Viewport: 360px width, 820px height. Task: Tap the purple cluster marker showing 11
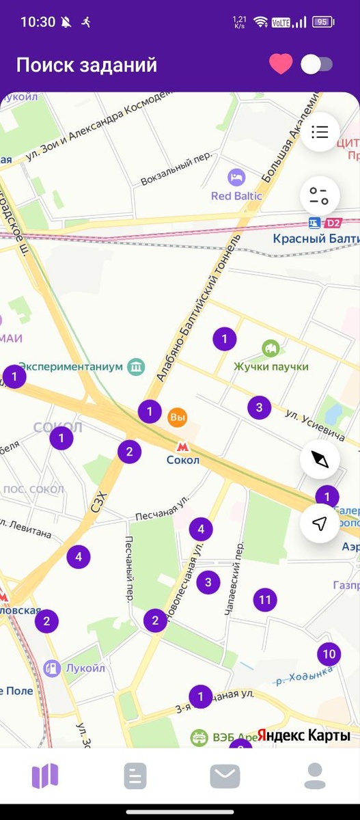[265, 601]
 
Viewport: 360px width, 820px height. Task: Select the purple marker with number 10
[329, 654]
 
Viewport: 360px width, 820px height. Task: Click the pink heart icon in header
[281, 64]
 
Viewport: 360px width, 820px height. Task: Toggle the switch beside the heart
[317, 65]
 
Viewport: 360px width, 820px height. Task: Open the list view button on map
[319, 132]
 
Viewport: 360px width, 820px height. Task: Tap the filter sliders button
[319, 196]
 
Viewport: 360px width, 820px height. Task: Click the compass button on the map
[319, 459]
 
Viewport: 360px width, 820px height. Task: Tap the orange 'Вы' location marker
[178, 417]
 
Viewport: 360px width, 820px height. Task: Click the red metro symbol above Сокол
[182, 446]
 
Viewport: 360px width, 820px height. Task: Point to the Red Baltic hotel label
[236, 195]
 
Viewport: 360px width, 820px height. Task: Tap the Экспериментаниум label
[72, 367]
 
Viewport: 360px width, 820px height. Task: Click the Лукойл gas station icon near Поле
[52, 668]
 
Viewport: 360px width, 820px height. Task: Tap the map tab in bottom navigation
[45, 776]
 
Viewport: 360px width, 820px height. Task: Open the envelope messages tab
[225, 776]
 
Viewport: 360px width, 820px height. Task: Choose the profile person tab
[315, 776]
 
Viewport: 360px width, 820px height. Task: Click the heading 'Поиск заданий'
[87, 65]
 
